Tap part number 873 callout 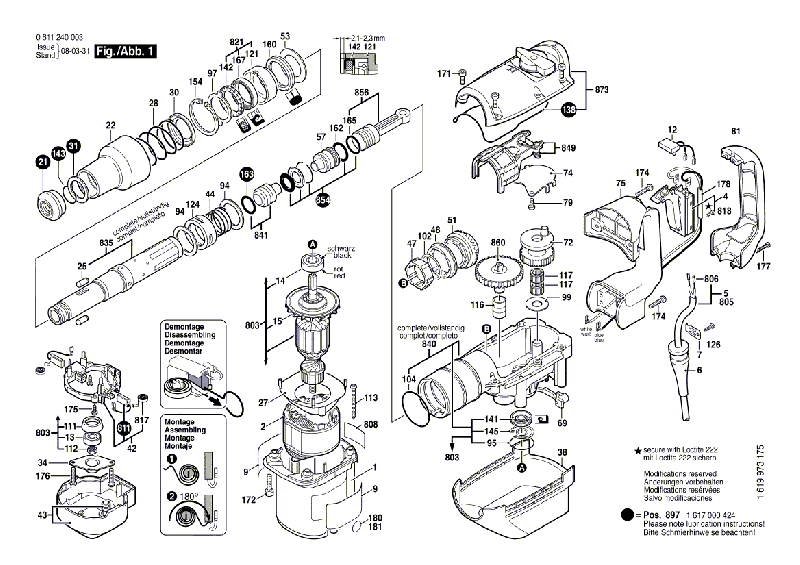pos(601,91)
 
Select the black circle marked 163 pos(247,173)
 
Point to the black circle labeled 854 pos(322,200)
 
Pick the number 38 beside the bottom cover pos(562,452)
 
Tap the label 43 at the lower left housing pos(41,516)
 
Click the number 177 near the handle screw pos(764,267)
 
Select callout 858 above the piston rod pos(361,93)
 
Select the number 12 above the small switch pos(672,130)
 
